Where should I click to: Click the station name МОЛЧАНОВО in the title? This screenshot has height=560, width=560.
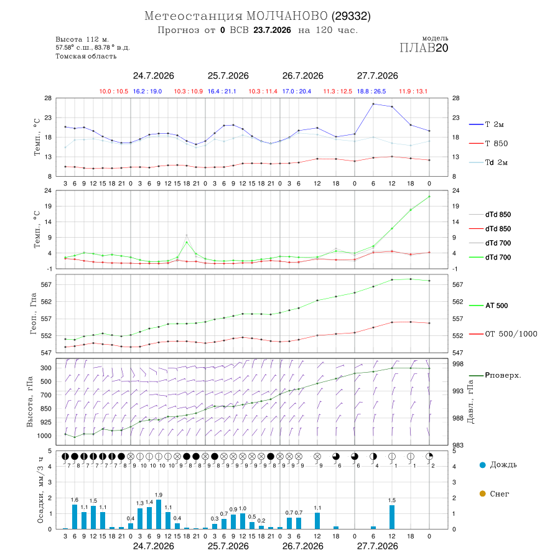[x=287, y=16]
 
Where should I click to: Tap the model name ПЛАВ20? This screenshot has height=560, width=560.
[x=424, y=48]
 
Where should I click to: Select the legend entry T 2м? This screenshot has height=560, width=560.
[x=487, y=124]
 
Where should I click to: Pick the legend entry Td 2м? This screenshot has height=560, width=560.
[x=488, y=162]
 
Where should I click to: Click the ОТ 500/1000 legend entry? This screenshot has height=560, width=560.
[x=503, y=334]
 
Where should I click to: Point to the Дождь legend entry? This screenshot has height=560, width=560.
[x=498, y=465]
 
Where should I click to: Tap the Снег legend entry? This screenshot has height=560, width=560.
[x=494, y=493]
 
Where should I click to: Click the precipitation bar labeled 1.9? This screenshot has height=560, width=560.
[x=159, y=515]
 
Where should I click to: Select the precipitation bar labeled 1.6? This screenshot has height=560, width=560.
[x=75, y=516]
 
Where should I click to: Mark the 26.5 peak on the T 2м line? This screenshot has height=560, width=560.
[x=373, y=104]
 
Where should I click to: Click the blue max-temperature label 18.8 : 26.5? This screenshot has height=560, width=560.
[x=371, y=91]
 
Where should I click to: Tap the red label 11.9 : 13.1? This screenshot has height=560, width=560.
[x=413, y=91]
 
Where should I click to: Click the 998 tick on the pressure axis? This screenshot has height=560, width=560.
[x=458, y=364]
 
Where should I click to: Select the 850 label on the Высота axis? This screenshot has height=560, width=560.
[x=46, y=409]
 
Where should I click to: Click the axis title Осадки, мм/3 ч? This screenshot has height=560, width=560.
[x=40, y=491]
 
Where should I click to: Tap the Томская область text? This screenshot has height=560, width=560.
[x=86, y=56]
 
